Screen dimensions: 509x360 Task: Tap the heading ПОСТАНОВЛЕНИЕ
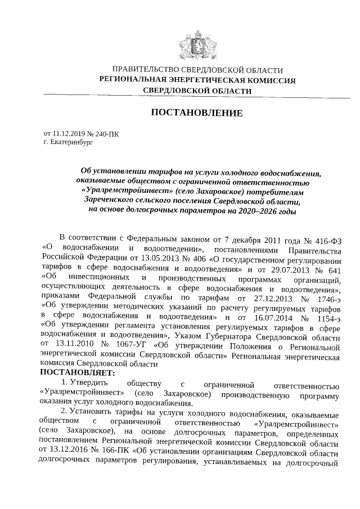(x=197, y=113)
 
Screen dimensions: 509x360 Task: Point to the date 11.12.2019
(x=69, y=134)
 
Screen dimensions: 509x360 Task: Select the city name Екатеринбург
(x=70, y=143)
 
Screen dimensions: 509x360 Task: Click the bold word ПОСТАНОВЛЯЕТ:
(x=78, y=373)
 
